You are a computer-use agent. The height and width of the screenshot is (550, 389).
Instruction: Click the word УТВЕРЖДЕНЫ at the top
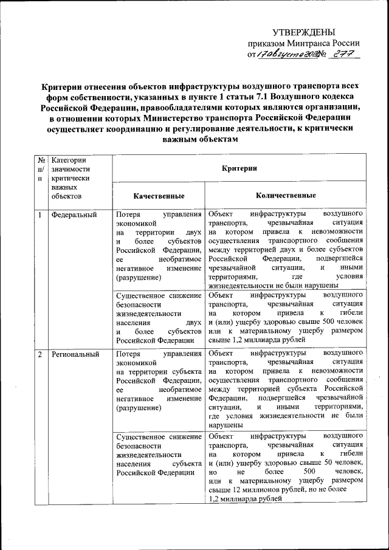303,32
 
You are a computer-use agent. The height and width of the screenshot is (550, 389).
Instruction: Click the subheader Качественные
159,196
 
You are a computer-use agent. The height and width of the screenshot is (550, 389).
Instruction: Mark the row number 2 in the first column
40,354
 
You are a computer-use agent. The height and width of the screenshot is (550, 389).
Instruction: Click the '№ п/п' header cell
40,168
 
